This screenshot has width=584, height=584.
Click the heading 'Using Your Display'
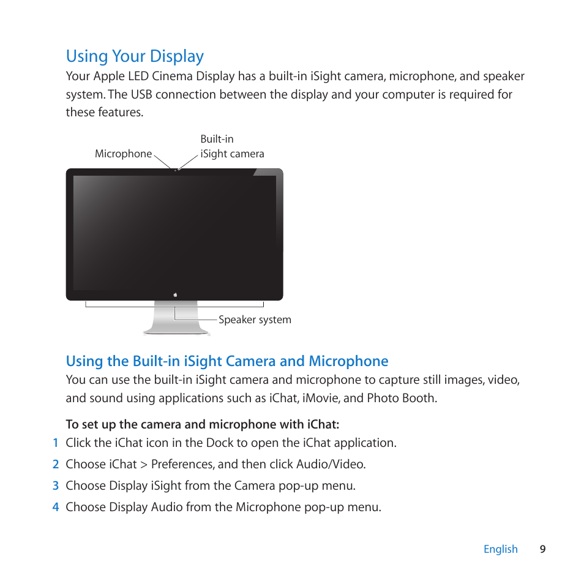pyautogui.click(x=135, y=56)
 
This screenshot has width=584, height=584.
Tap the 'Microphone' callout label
pyautogui.click(x=123, y=154)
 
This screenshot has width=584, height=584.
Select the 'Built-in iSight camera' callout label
pyautogui.click(x=232, y=147)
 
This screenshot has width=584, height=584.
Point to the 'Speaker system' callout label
pyautogui.click(x=255, y=320)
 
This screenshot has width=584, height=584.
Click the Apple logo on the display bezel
pyautogui.click(x=175, y=294)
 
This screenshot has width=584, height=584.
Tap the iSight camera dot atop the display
pyautogui.click(x=176, y=170)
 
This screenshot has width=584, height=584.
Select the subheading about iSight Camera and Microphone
pyautogui.click(x=226, y=361)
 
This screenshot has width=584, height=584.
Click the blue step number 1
pyautogui.click(x=55, y=443)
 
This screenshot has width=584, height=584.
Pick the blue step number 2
pyautogui.click(x=55, y=465)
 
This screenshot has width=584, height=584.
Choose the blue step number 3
pyautogui.click(x=55, y=486)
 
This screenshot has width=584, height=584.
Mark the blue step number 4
pyautogui.click(x=55, y=507)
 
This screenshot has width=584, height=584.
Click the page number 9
pyautogui.click(x=542, y=549)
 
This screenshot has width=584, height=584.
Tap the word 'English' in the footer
pyautogui.click(x=500, y=549)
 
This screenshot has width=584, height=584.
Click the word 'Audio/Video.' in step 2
pyautogui.click(x=331, y=465)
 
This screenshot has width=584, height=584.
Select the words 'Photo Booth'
pyautogui.click(x=401, y=399)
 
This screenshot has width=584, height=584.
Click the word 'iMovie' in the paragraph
pyautogui.click(x=318, y=399)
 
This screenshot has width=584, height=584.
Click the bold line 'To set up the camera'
pyautogui.click(x=202, y=425)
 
